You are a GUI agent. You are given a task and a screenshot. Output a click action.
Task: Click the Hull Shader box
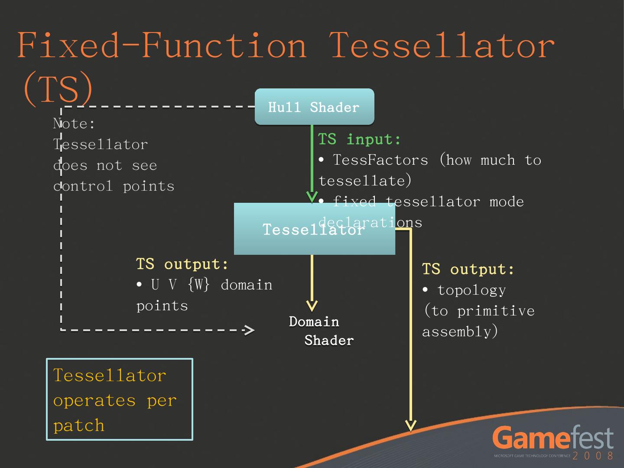(x=314, y=107)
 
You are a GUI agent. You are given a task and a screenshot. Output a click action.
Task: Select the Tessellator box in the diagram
(x=277, y=229)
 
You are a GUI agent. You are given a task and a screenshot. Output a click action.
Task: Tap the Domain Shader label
(x=321, y=331)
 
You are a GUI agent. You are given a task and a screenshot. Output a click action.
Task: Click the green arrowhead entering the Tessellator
(x=312, y=197)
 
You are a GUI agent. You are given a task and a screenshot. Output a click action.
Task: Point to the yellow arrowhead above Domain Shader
(x=312, y=306)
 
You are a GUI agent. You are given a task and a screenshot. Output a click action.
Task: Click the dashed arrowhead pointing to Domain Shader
(x=249, y=331)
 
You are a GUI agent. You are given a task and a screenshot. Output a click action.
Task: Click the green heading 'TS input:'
(x=360, y=140)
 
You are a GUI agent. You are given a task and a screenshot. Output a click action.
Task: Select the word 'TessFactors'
(x=380, y=160)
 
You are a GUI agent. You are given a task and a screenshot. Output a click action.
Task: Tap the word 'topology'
(x=471, y=290)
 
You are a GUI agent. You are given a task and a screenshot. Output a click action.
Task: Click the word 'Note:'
(x=74, y=124)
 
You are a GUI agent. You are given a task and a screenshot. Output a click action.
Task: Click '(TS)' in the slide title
(x=58, y=88)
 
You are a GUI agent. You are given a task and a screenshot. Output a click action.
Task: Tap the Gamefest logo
(x=553, y=438)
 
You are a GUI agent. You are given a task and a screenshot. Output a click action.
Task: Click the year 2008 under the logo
(x=593, y=456)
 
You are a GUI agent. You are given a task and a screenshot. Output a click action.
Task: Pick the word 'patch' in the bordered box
(x=79, y=426)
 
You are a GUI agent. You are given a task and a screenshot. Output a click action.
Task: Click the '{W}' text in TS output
(x=199, y=285)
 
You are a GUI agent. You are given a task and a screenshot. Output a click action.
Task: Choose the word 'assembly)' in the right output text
(x=460, y=332)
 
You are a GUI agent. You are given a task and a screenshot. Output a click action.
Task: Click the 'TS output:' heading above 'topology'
(x=468, y=270)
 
